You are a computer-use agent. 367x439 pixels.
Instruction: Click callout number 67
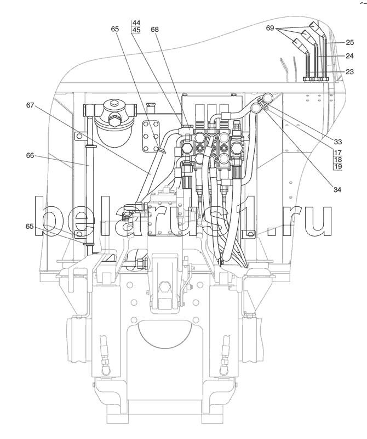click(x=30, y=105)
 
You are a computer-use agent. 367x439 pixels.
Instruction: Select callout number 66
click(x=30, y=155)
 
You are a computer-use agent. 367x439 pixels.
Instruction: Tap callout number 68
click(x=154, y=29)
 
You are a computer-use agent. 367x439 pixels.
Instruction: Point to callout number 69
click(x=269, y=28)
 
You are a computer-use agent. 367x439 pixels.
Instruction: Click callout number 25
click(x=349, y=42)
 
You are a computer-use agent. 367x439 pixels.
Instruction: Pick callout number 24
click(x=349, y=56)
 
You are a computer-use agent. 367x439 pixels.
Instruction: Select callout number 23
click(x=349, y=72)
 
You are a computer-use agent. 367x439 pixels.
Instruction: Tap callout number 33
click(x=337, y=142)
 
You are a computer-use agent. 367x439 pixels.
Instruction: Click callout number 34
click(x=337, y=189)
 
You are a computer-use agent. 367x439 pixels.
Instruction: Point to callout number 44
click(x=136, y=22)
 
